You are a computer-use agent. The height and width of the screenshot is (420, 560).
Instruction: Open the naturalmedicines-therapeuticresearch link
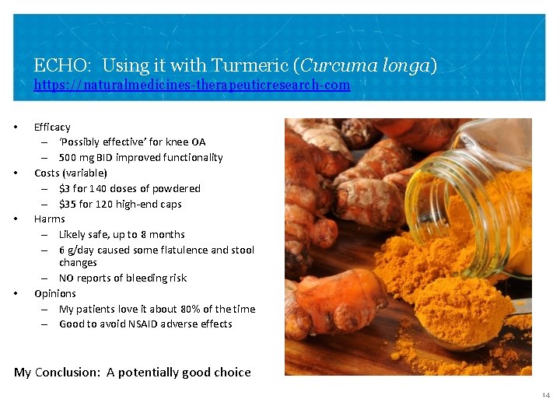(192, 85)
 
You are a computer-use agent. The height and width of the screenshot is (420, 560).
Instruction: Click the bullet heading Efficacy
(52, 127)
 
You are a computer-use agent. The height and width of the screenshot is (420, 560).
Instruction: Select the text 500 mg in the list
(79, 157)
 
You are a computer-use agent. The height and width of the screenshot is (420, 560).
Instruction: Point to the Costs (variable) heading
(71, 173)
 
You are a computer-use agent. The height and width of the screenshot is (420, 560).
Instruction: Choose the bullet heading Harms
(50, 219)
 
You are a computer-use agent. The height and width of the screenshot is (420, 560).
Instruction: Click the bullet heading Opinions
(55, 293)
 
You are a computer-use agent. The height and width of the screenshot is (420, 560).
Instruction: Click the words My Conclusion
(56, 372)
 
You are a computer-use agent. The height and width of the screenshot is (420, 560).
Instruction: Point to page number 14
(546, 395)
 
